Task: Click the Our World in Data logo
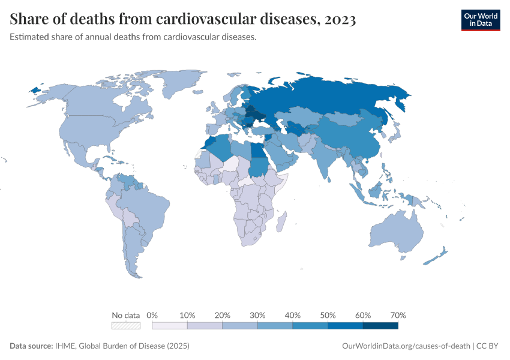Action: (x=480, y=20)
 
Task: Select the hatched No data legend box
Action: (x=126, y=326)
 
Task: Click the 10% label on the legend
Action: (x=187, y=315)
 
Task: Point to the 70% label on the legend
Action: (x=398, y=315)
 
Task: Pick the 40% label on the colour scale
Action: (x=293, y=315)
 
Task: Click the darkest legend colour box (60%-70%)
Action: (x=380, y=326)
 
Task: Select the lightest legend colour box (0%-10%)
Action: (x=170, y=326)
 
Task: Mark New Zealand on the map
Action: (x=438, y=256)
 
